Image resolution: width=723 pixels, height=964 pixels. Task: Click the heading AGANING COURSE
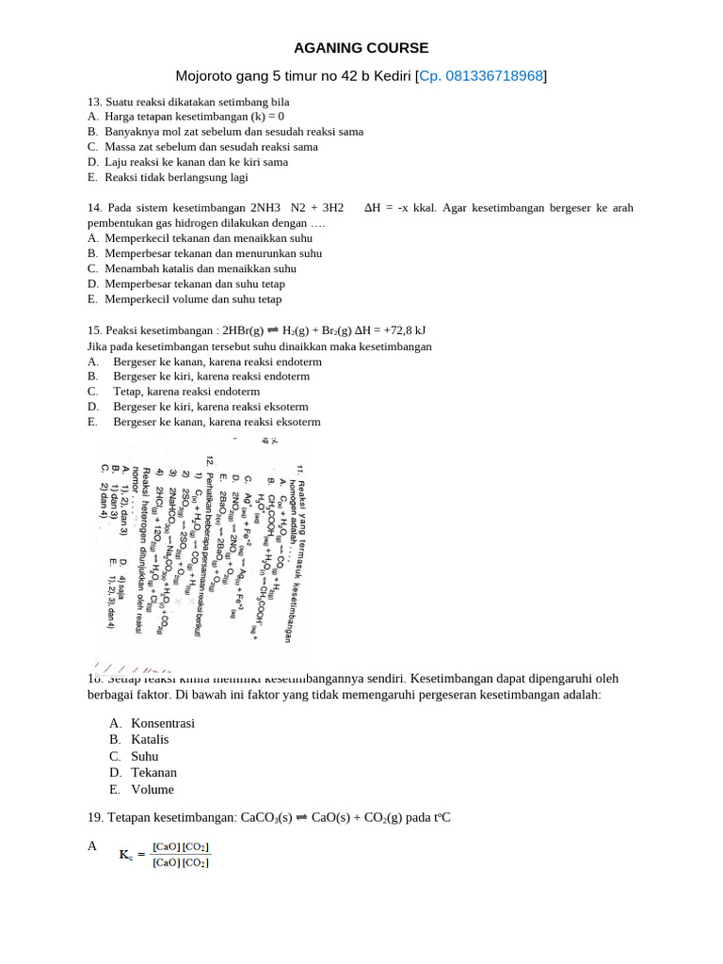[x=361, y=47]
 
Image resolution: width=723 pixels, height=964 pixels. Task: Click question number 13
[x=94, y=102]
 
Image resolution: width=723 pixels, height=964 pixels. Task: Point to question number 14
[x=94, y=208]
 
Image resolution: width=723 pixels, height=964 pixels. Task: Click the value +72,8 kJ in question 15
[x=400, y=330]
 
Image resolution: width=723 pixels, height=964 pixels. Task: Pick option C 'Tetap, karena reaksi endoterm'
[x=185, y=392]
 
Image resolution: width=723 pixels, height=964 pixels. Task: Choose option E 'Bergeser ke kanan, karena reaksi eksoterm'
[x=217, y=422]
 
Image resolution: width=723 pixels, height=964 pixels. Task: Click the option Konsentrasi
[x=163, y=723]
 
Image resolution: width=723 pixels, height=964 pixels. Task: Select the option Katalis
[x=151, y=740]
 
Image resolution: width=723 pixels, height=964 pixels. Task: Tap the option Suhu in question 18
[x=145, y=756]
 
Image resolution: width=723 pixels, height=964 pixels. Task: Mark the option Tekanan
[x=153, y=773]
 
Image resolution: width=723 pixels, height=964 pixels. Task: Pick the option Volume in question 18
[x=153, y=790]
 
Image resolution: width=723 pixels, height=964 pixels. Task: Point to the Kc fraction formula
[x=166, y=855]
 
